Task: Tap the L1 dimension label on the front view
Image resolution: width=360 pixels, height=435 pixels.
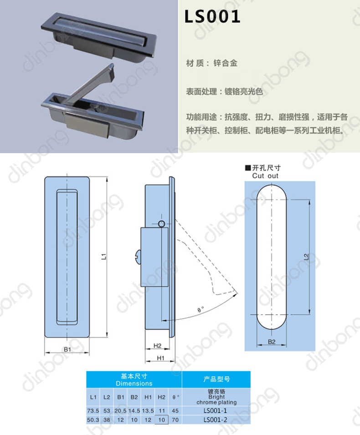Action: [x=104, y=257]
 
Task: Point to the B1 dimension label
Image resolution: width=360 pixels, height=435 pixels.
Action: [x=67, y=349]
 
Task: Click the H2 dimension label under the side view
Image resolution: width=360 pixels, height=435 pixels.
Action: [x=157, y=346]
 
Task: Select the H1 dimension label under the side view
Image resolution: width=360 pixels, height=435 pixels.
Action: [x=160, y=358]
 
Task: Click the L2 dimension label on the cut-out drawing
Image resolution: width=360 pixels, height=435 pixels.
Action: [x=306, y=257]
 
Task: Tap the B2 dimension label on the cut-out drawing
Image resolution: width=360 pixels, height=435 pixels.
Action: [x=272, y=342]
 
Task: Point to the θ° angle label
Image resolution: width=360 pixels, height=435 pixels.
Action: [x=201, y=309]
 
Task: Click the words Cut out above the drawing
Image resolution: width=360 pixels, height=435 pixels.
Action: [x=265, y=176]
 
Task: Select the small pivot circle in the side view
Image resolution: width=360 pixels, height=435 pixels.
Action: [x=162, y=224]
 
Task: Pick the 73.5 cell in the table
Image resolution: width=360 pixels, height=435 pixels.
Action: [x=93, y=410]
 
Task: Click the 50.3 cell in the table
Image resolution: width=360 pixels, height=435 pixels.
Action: [x=93, y=420]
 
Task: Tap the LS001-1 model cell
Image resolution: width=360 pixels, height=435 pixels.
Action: [x=215, y=410]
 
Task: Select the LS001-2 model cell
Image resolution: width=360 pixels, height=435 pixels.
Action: [x=215, y=420]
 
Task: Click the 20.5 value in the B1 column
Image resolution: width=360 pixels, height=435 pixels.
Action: [x=120, y=410]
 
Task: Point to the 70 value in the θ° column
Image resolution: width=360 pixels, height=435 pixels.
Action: [x=175, y=420]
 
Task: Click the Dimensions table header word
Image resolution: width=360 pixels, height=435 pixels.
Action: [x=134, y=383]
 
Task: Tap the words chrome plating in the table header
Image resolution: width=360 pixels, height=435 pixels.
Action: [x=216, y=402]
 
